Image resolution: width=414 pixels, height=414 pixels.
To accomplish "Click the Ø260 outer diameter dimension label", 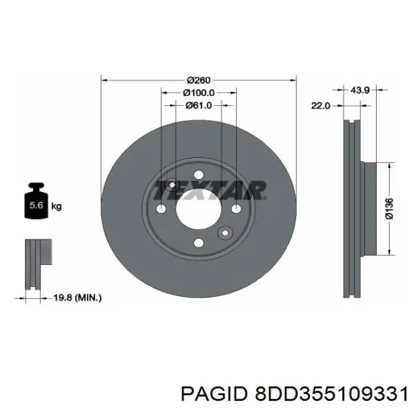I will pos(199,80).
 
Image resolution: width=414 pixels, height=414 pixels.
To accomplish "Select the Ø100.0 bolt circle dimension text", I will pos(199,93).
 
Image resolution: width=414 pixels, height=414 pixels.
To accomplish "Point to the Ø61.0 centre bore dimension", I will pos(199,105).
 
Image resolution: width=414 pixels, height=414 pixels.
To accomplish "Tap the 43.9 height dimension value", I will pos(360,90).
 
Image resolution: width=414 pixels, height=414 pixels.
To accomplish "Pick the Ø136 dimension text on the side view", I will pos(389,208).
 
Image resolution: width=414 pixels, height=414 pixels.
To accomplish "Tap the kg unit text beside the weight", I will pos(57,206).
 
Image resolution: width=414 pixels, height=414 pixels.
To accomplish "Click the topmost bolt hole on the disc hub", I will pos(199,172).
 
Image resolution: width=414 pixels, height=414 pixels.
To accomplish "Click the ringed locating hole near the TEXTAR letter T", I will pos(172,185).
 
